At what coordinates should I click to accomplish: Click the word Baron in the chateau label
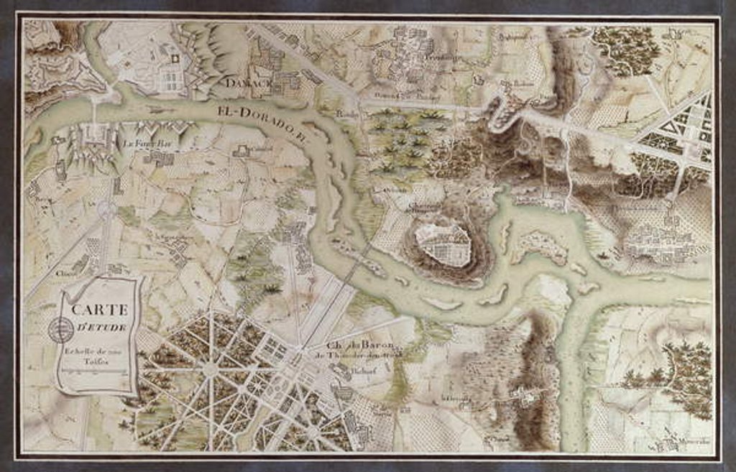click(x=372, y=343)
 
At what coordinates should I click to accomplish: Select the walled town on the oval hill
click(x=443, y=243)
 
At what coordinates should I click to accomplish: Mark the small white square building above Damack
click(x=174, y=57)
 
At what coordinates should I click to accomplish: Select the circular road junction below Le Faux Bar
click(x=108, y=210)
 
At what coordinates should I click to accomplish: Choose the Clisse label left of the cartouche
click(x=67, y=272)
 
